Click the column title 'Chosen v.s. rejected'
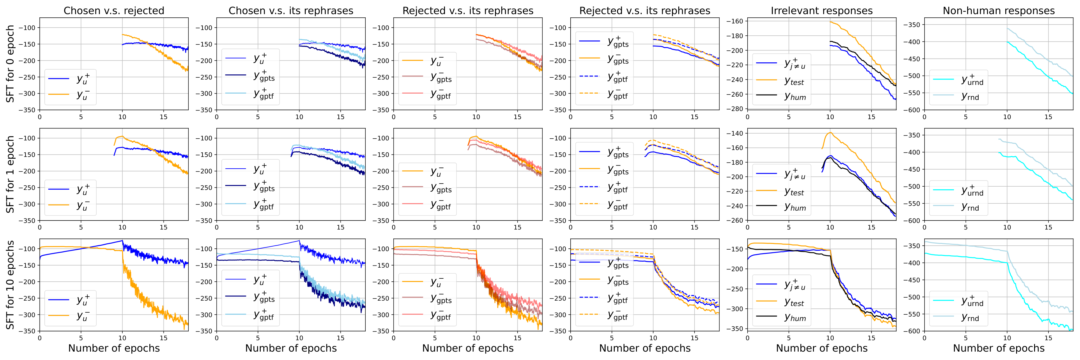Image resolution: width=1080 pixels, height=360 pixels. (114, 10)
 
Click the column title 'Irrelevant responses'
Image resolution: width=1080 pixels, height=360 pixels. (821, 10)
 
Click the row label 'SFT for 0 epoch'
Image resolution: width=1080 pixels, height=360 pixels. (10, 64)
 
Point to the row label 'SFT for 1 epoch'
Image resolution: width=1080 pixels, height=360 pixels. (10, 174)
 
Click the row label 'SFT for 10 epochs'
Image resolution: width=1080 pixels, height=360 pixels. (10, 285)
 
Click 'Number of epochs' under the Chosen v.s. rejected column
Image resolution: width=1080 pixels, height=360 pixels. (114, 348)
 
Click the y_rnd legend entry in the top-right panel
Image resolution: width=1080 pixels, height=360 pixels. (970, 97)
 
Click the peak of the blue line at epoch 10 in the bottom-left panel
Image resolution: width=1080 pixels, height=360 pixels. (122, 241)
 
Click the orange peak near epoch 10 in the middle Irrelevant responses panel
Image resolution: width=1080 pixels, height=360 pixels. (830, 132)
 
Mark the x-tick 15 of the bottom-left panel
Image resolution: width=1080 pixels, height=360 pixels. (163, 338)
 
